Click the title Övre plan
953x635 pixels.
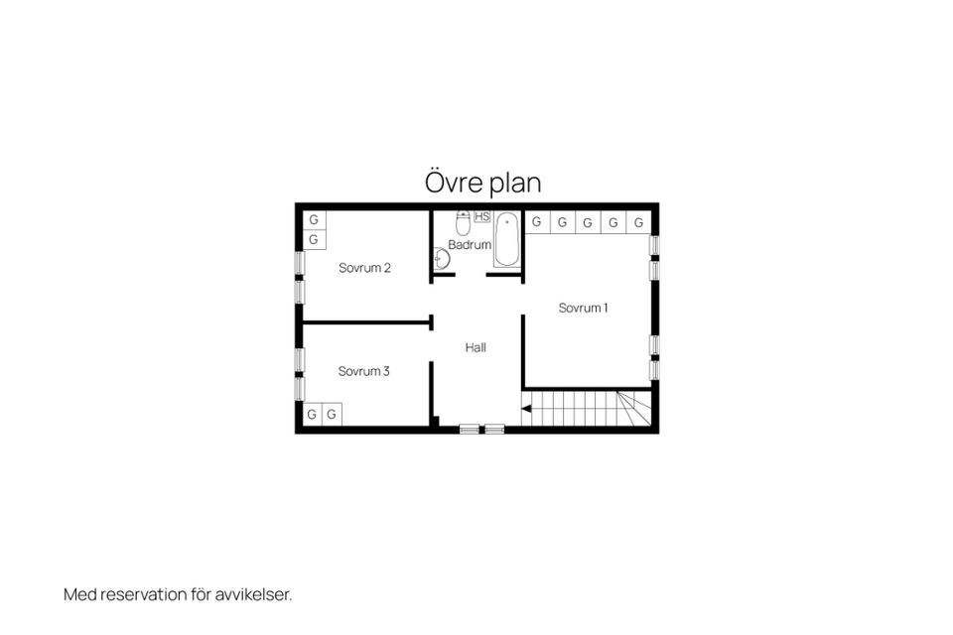(482, 183)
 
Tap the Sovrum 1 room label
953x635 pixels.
(583, 309)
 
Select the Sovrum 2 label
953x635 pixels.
(364, 268)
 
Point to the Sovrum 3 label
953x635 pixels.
(363, 371)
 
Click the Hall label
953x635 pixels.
(476, 347)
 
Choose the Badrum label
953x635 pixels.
(470, 245)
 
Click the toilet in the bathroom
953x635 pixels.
(464, 223)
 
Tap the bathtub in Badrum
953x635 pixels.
(507, 239)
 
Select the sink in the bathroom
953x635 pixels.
(441, 258)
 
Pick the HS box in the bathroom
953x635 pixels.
(482, 216)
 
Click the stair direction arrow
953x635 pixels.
(526, 409)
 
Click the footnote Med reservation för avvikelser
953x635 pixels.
(178, 594)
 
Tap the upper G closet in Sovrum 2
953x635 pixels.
(315, 220)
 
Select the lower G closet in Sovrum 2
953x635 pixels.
(315, 239)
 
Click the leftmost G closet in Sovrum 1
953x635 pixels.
(537, 222)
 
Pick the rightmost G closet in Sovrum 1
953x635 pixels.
(638, 222)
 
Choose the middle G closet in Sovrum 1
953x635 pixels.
(588, 222)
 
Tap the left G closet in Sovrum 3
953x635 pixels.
(313, 415)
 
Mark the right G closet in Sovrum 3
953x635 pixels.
(332, 415)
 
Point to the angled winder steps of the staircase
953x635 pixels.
(634, 409)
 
